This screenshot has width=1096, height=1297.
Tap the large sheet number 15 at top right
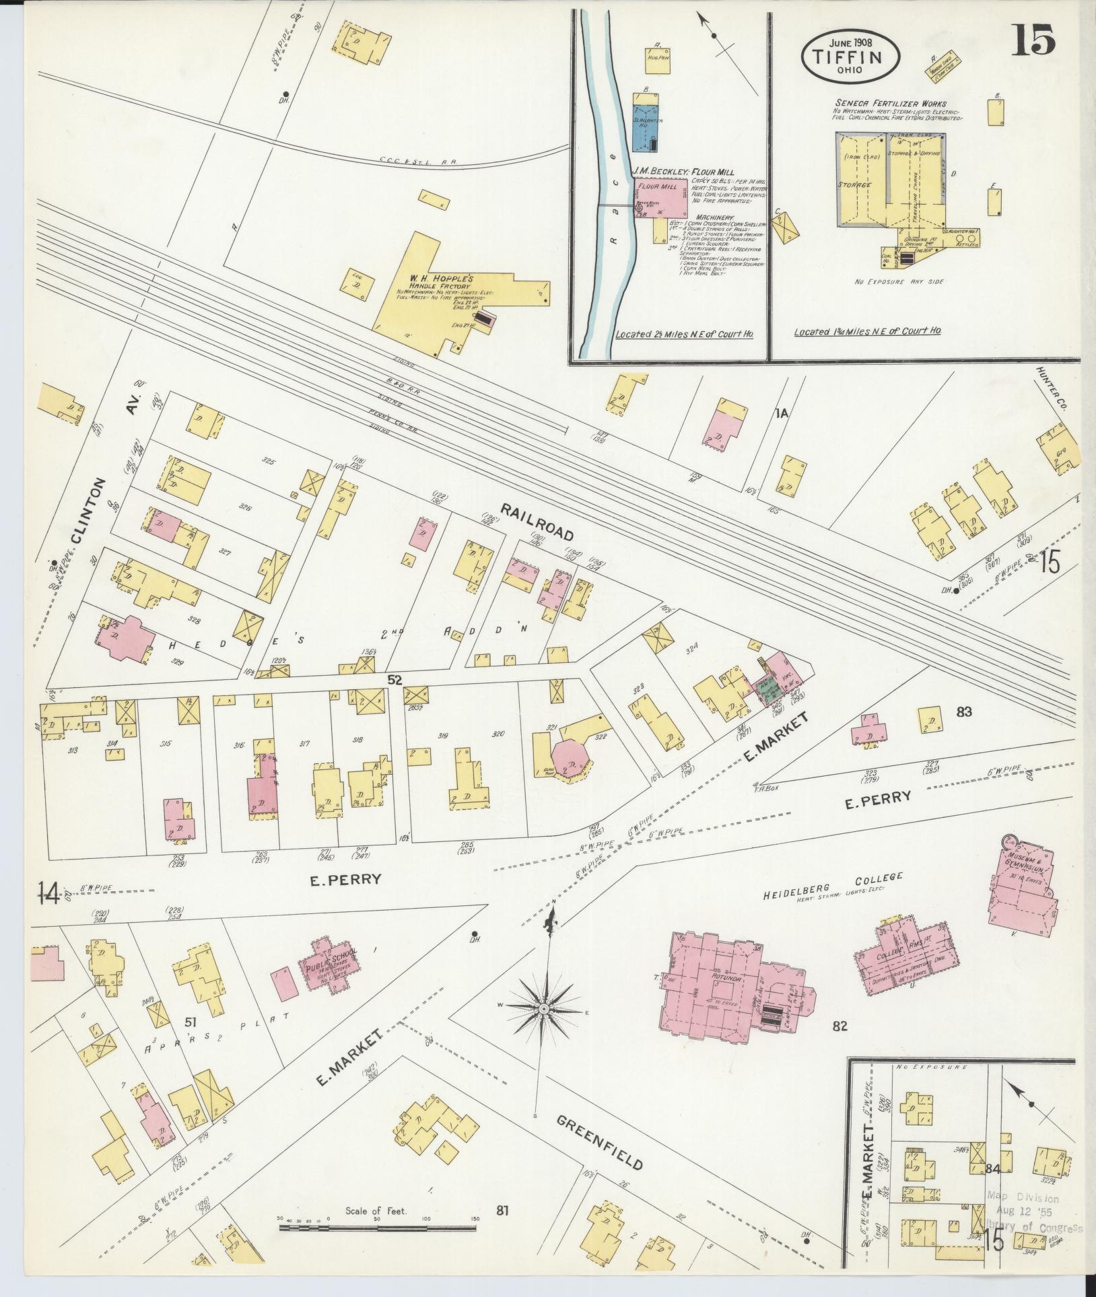[1032, 42]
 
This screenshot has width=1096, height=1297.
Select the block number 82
[839, 1045]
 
